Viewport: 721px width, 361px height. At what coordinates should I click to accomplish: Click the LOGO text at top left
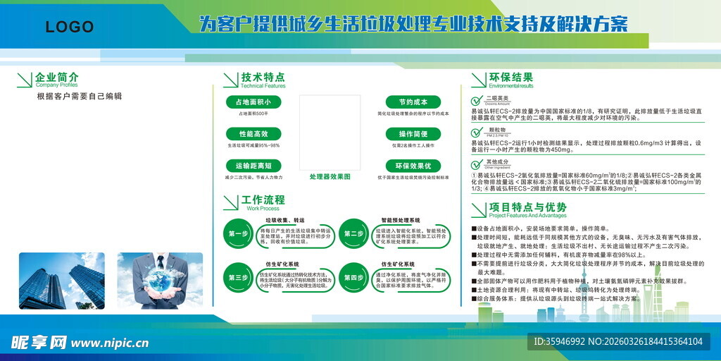tap(69, 27)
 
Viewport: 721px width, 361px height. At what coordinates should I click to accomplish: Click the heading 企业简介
tap(57, 77)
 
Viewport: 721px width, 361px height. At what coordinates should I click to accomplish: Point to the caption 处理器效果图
tap(330, 177)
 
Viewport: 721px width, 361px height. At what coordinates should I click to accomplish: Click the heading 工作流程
tap(263, 200)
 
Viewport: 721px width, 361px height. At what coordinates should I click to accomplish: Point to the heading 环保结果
tap(510, 78)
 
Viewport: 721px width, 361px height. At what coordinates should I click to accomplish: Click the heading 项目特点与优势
tap(527, 207)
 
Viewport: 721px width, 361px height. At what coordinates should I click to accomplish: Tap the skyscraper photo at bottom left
tap(62, 281)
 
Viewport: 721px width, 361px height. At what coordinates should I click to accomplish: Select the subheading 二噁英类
tap(497, 98)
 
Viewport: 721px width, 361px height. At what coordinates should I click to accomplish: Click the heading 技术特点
tap(263, 78)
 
